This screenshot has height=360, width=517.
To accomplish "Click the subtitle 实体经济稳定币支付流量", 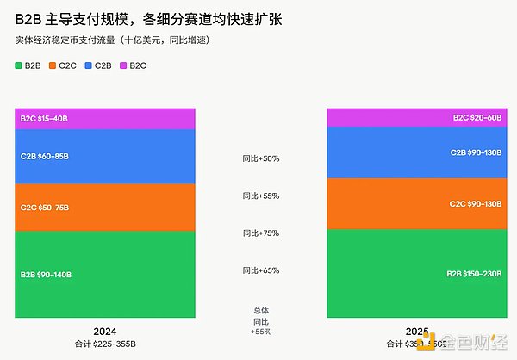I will coord(112,40).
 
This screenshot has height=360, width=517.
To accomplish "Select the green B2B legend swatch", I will coord(19,65).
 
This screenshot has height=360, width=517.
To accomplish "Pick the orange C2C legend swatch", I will coord(53,65).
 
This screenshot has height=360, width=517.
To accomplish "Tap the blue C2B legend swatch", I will coord(88,65).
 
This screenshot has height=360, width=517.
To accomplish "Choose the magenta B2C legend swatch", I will coord(123,65).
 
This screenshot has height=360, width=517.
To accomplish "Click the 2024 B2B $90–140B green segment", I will coord(105,274).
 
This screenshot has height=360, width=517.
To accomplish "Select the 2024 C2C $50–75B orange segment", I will coord(105,208).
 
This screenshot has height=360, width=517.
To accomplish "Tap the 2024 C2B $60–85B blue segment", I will coord(105,157).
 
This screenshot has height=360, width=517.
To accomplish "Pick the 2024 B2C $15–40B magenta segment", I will coord(105,119).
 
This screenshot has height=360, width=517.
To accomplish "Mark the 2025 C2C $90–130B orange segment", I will coord(416,203).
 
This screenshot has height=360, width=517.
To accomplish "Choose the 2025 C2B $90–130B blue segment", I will coord(416,152).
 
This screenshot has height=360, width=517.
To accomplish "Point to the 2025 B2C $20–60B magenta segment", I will coord(416,117).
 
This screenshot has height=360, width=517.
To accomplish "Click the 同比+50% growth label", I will coord(261,158).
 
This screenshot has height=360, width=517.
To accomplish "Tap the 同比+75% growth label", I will coord(261,233).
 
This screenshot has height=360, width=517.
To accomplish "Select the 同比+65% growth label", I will coord(261,270).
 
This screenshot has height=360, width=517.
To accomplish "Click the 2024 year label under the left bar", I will coord(105,332).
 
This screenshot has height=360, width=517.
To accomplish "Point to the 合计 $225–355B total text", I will coord(105,344).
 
